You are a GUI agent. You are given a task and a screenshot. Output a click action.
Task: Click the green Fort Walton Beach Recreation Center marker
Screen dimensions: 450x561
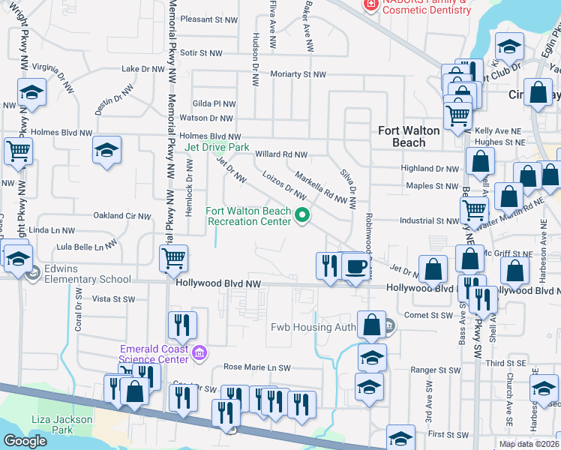click(303, 216)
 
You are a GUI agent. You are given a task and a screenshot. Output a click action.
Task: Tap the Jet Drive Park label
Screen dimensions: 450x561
click(217, 148)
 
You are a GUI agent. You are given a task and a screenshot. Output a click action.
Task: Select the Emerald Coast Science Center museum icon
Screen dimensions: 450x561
click(199, 353)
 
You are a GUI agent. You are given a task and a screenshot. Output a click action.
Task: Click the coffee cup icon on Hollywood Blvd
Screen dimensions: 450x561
click(355, 266)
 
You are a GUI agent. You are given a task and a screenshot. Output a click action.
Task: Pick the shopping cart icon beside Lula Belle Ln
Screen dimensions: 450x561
click(174, 259)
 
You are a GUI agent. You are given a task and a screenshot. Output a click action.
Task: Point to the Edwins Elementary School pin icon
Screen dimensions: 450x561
click(32, 274)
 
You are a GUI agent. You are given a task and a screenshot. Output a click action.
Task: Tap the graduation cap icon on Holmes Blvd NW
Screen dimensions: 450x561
click(107, 150)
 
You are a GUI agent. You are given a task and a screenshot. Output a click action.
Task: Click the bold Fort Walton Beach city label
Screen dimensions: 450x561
click(409, 136)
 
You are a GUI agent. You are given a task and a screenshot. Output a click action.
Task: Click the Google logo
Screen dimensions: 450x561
click(25, 441)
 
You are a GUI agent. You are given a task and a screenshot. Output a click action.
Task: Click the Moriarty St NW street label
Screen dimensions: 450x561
click(299, 74)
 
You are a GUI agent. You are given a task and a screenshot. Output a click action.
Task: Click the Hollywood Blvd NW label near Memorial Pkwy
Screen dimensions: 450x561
click(217, 284)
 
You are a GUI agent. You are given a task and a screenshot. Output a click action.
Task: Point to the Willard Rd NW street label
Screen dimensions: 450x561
click(281, 154)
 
